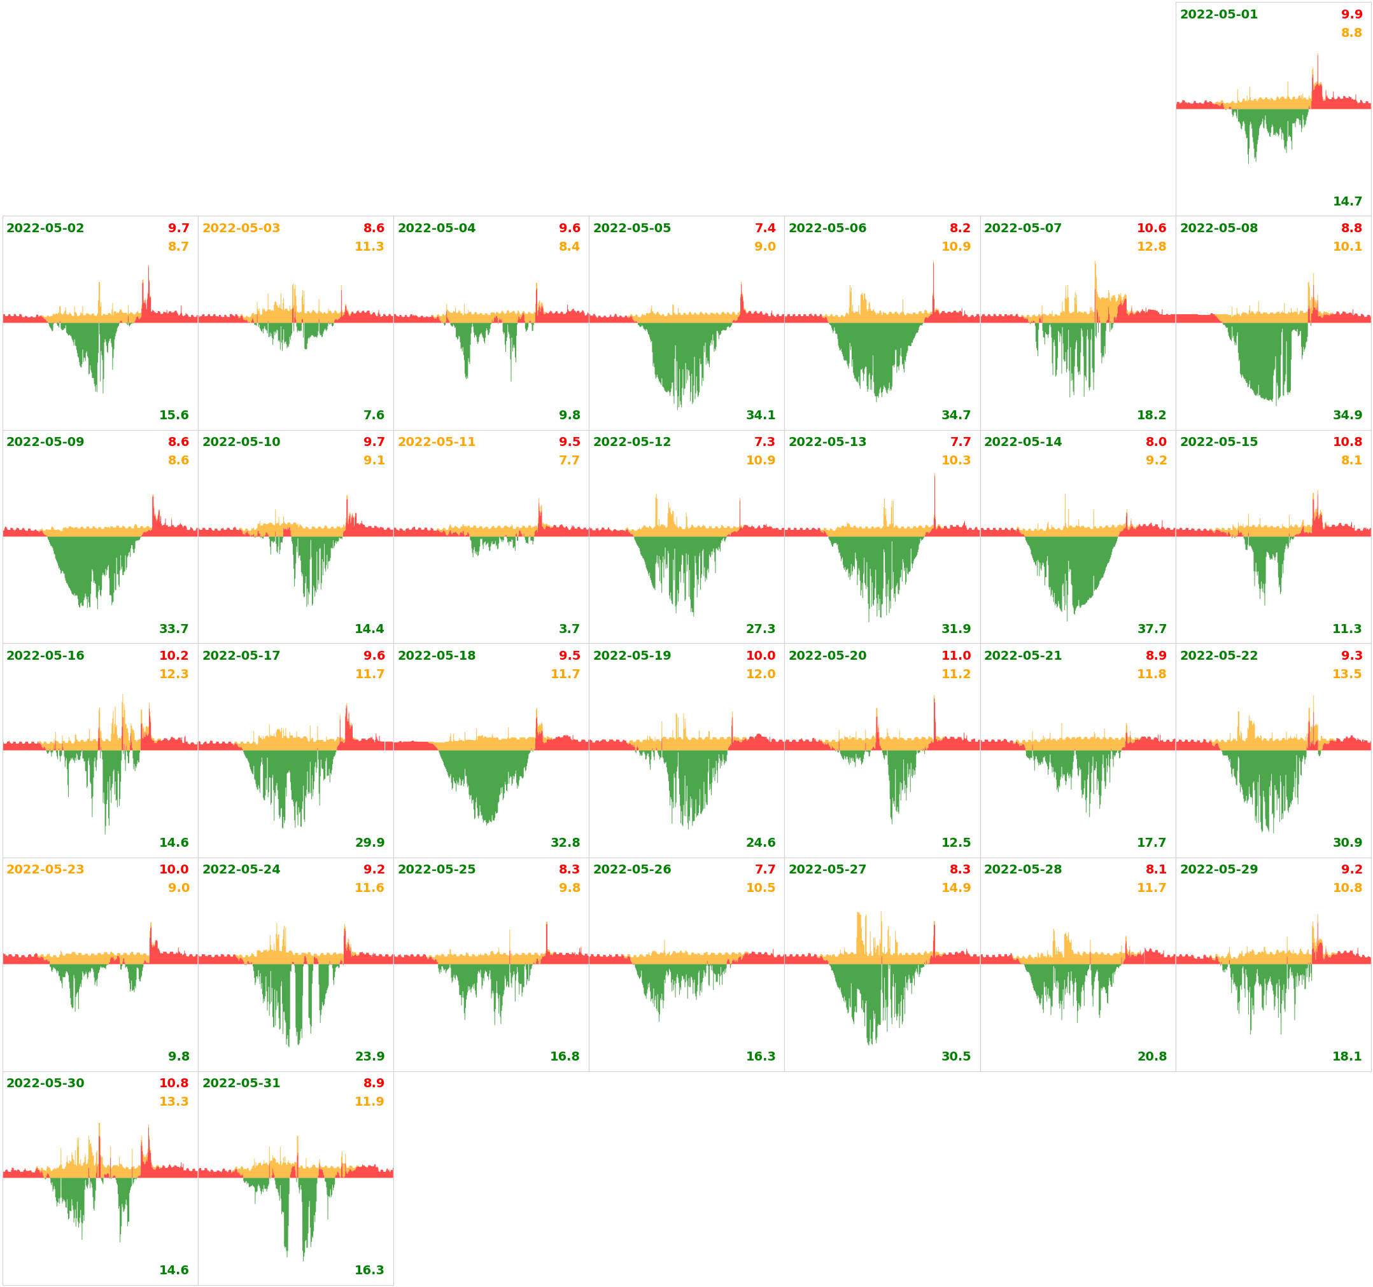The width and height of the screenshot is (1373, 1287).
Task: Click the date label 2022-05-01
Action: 1218,15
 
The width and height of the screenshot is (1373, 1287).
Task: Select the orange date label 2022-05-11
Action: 437,442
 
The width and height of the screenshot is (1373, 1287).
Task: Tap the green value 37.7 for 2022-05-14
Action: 1152,629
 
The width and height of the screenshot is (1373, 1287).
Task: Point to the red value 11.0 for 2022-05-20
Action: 956,656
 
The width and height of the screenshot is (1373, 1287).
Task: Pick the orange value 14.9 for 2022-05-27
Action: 956,888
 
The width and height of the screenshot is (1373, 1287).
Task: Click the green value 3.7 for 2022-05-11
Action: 569,629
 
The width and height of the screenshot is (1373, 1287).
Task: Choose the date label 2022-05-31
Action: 241,1083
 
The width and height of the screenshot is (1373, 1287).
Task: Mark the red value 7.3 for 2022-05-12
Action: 764,442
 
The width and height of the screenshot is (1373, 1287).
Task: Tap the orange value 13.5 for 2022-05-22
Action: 1347,674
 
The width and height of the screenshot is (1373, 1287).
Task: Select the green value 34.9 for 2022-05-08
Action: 1348,415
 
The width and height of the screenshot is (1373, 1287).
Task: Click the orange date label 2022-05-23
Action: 46,869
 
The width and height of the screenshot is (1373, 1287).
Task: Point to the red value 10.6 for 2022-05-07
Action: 1151,228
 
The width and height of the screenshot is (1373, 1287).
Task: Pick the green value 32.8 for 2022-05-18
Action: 565,842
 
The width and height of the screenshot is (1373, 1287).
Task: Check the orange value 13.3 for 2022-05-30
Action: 174,1101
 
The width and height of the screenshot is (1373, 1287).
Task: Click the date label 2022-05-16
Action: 46,656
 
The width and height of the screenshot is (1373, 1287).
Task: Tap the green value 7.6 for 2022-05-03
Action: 374,415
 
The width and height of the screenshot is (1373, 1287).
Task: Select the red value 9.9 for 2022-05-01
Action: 1351,15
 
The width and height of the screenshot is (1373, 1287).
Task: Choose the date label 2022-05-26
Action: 632,869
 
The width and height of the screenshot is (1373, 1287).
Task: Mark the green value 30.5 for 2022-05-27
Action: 956,1057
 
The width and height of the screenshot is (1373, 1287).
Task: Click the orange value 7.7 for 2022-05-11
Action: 569,460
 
